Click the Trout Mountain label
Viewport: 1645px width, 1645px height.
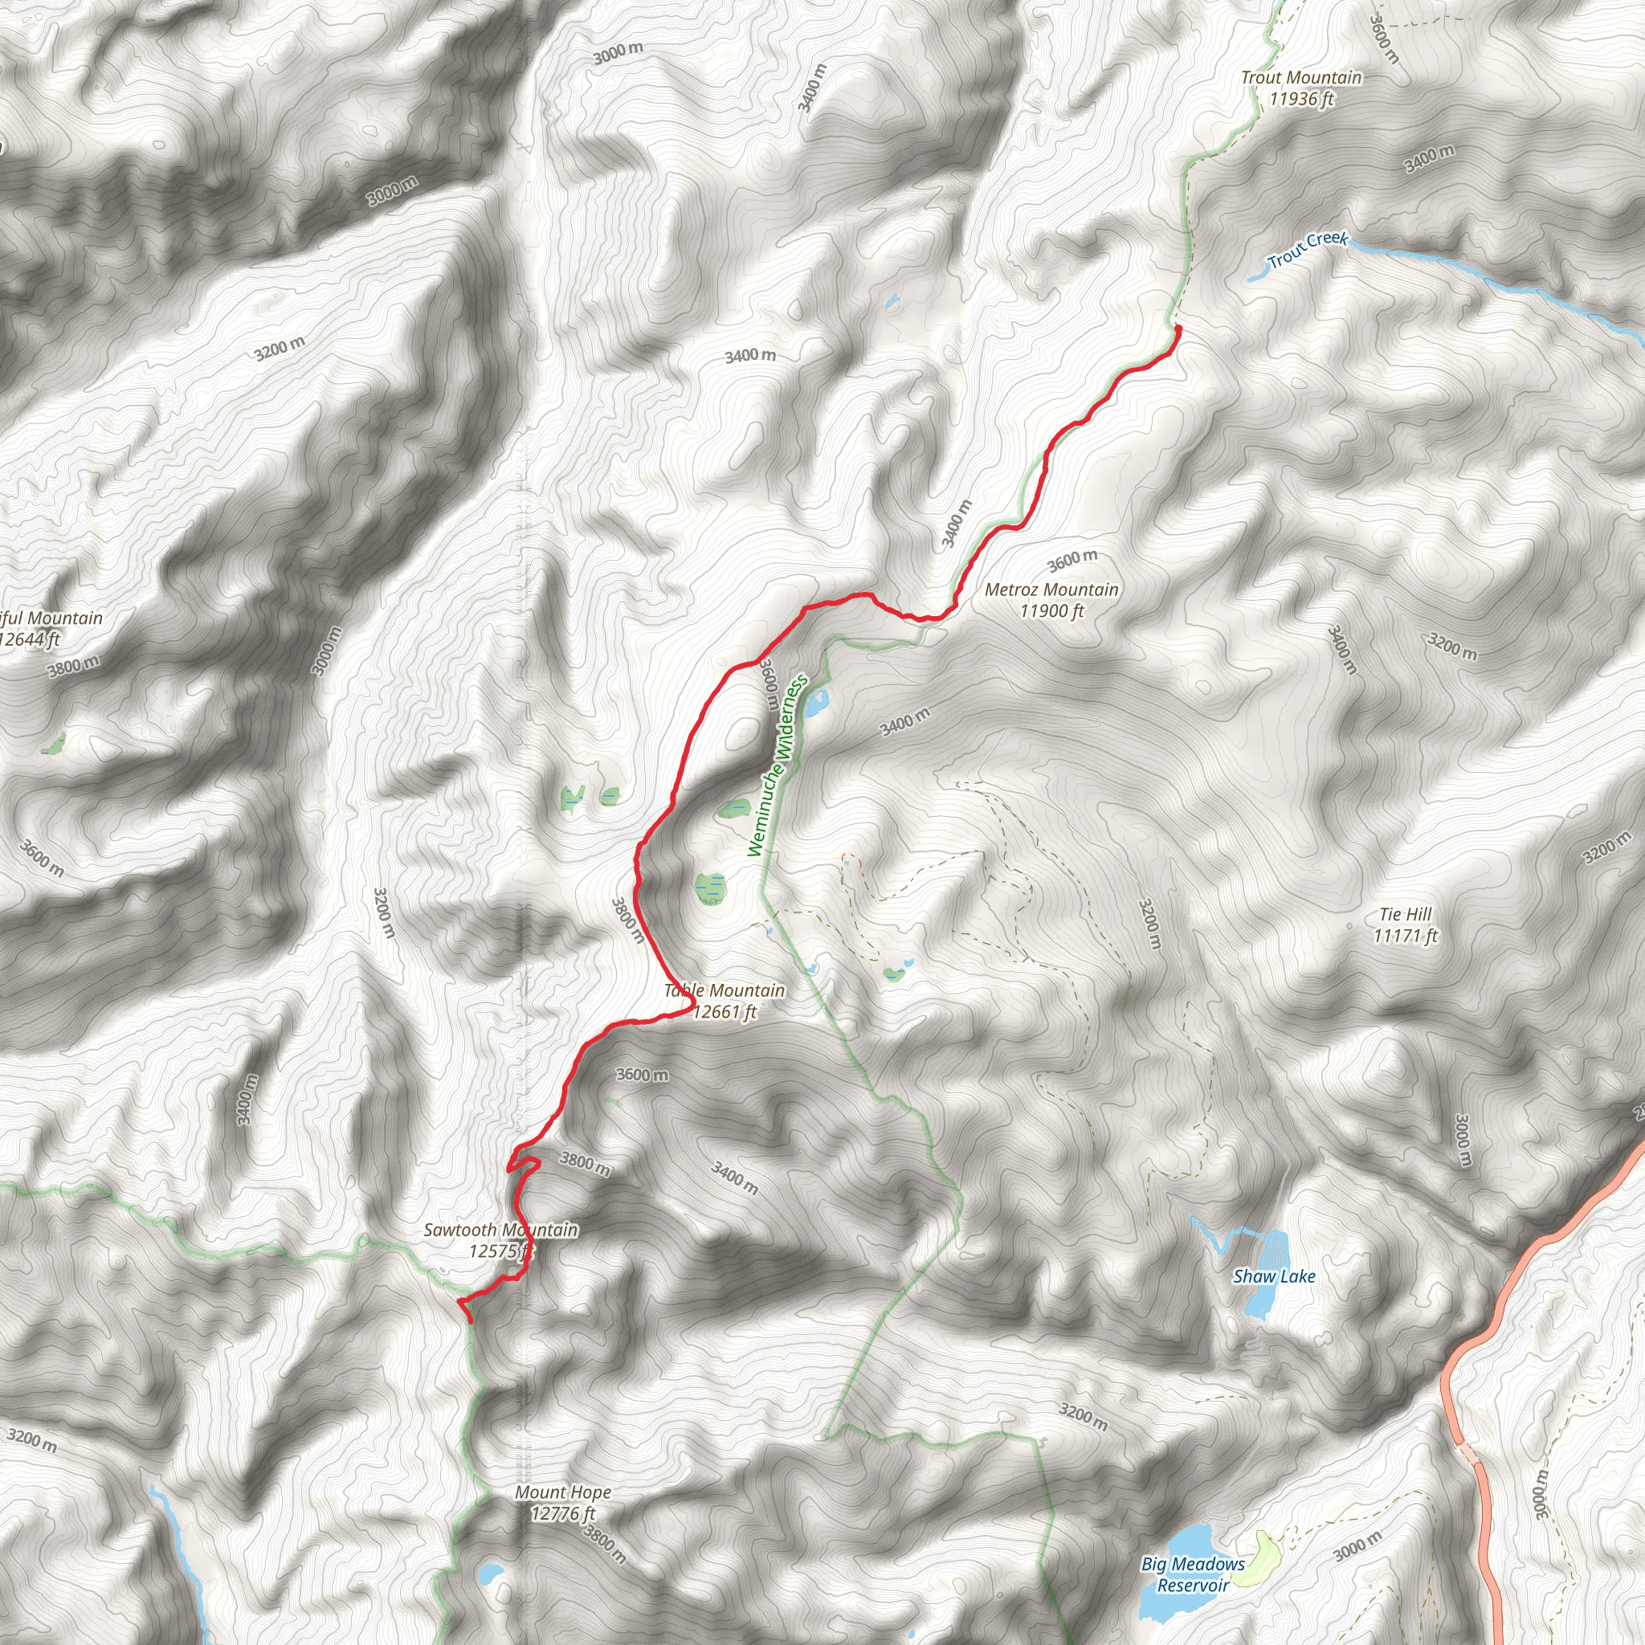click(x=1301, y=77)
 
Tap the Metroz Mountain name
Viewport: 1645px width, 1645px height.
click(x=1051, y=590)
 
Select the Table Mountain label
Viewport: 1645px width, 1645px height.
click(x=725, y=990)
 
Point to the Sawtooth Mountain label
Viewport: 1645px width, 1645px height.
click(x=500, y=1230)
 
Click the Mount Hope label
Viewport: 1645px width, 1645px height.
click(x=563, y=1492)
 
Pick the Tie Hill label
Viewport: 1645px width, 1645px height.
click(x=1406, y=914)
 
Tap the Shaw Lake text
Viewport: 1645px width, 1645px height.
click(x=1274, y=1276)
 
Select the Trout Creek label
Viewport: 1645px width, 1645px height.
click(x=1308, y=250)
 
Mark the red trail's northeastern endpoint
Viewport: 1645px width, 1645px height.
click(x=1178, y=328)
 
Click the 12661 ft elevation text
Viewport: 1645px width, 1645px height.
click(x=725, y=1011)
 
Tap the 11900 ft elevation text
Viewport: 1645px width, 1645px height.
click(x=1051, y=610)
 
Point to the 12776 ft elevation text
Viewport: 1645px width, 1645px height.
click(x=563, y=1513)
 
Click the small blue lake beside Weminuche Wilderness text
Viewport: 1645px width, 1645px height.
click(x=817, y=704)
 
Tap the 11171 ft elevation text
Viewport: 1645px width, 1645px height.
click(x=1406, y=936)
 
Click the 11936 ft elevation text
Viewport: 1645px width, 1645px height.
click(x=1301, y=99)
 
